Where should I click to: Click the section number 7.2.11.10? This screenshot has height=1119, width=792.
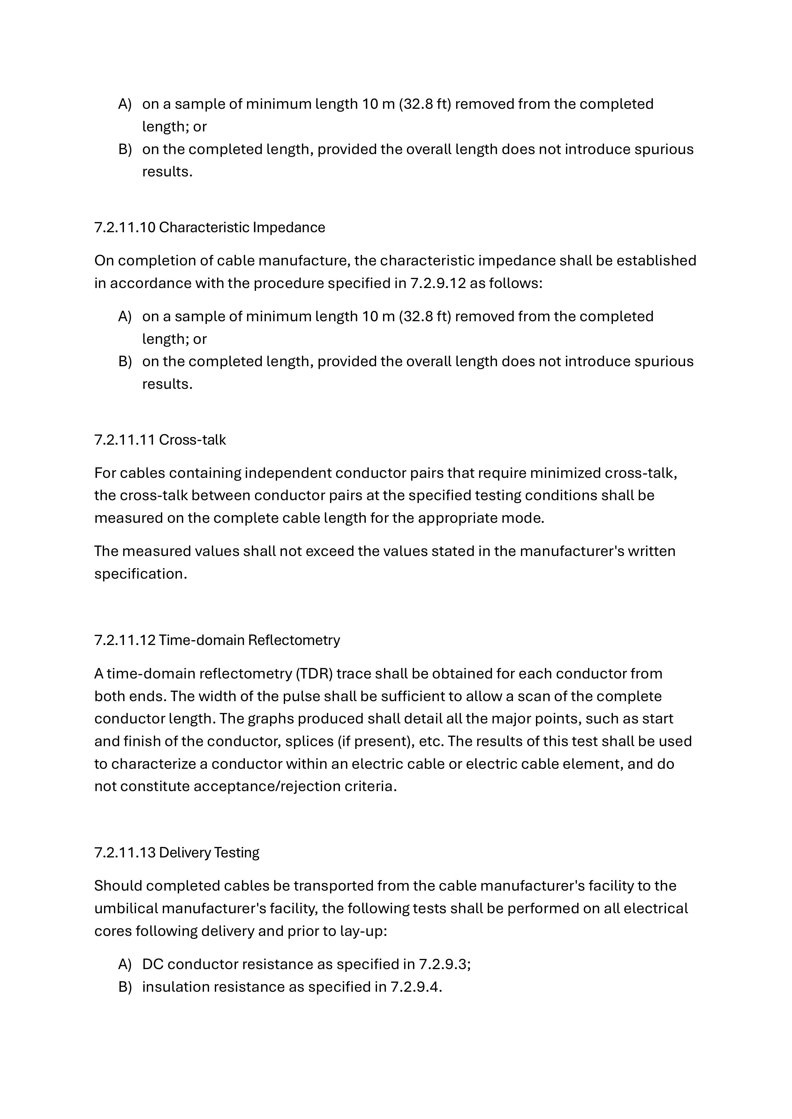click(x=124, y=228)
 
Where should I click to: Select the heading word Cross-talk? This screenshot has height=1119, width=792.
click(x=192, y=440)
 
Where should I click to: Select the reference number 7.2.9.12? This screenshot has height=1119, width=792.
click(x=437, y=283)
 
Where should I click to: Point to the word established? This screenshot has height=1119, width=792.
click(x=656, y=261)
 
